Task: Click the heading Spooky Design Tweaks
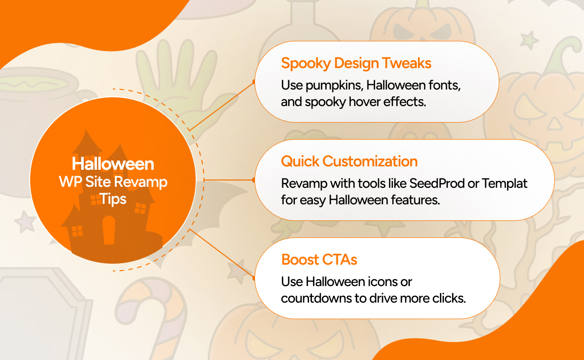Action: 356,63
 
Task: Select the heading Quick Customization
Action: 349,161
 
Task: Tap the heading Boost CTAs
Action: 319,259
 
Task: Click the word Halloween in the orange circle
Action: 113,164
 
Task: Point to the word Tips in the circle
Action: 113,199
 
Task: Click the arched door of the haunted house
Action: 109,229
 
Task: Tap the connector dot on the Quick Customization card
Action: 254,180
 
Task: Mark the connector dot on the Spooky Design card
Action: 255,82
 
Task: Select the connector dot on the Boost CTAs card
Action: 255,278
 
